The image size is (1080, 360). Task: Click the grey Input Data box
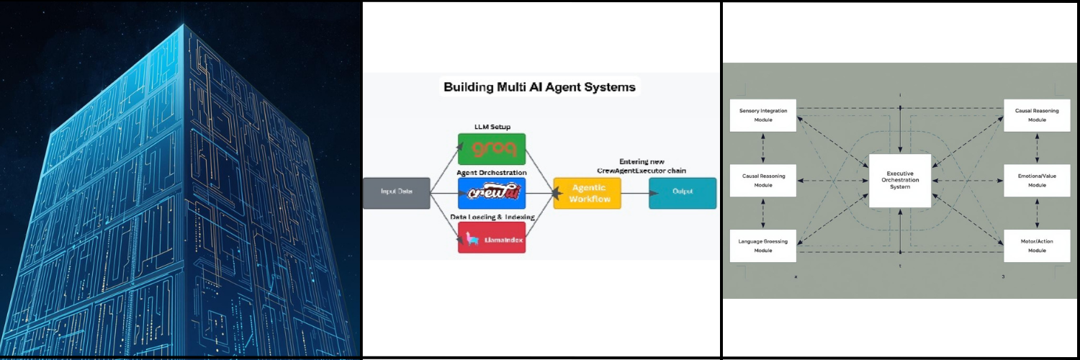(x=397, y=193)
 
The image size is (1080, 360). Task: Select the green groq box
(x=492, y=149)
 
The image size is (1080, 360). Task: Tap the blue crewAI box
(x=492, y=193)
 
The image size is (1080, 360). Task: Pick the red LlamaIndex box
(x=492, y=238)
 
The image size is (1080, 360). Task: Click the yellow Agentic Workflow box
(x=587, y=193)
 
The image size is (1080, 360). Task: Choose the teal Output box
(x=683, y=193)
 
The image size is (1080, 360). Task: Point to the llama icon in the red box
(x=472, y=238)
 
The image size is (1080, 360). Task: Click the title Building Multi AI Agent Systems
(x=539, y=87)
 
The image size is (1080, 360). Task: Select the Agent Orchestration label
(x=492, y=172)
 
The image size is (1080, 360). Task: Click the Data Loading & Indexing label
(x=492, y=215)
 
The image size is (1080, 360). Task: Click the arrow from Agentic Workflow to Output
(x=634, y=193)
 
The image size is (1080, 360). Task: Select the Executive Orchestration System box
(x=899, y=181)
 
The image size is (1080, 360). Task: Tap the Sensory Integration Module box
(x=763, y=115)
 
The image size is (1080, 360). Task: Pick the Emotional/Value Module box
(x=1037, y=180)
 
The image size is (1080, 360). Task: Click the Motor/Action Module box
(x=1037, y=246)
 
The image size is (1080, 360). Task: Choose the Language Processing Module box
(x=763, y=246)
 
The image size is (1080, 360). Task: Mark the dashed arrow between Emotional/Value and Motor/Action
(x=1037, y=213)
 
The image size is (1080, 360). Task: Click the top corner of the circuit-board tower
(x=184, y=26)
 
